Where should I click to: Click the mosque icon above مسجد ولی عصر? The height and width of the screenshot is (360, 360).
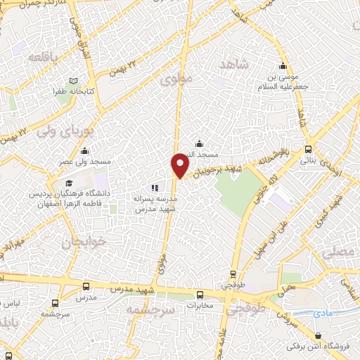(85, 150)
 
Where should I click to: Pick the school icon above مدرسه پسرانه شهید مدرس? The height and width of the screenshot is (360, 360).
(155, 188)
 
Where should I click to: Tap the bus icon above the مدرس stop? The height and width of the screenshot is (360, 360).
(86, 287)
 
